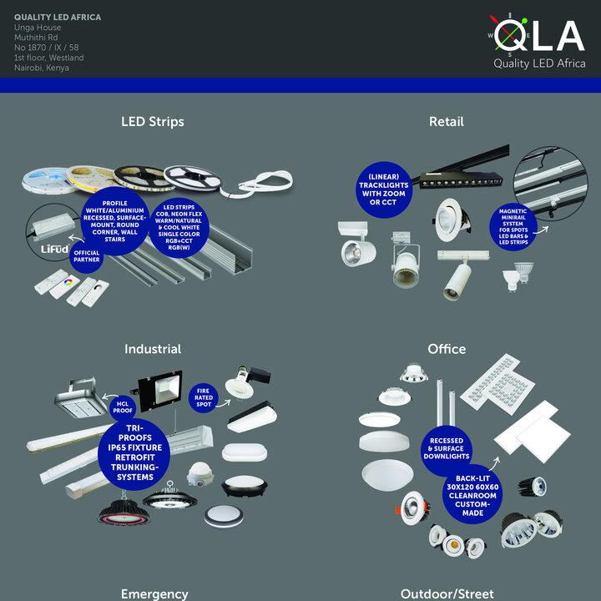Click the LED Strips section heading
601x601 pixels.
[x=153, y=122]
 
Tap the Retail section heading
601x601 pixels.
[x=446, y=122]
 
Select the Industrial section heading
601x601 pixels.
[x=153, y=349]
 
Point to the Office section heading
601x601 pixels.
[x=447, y=349]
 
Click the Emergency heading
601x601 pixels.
[x=154, y=593]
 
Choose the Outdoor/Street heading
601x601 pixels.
[x=447, y=593]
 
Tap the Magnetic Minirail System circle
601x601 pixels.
[x=513, y=227]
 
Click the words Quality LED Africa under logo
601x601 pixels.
[x=538, y=63]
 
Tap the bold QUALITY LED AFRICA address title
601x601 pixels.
[x=56, y=18]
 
